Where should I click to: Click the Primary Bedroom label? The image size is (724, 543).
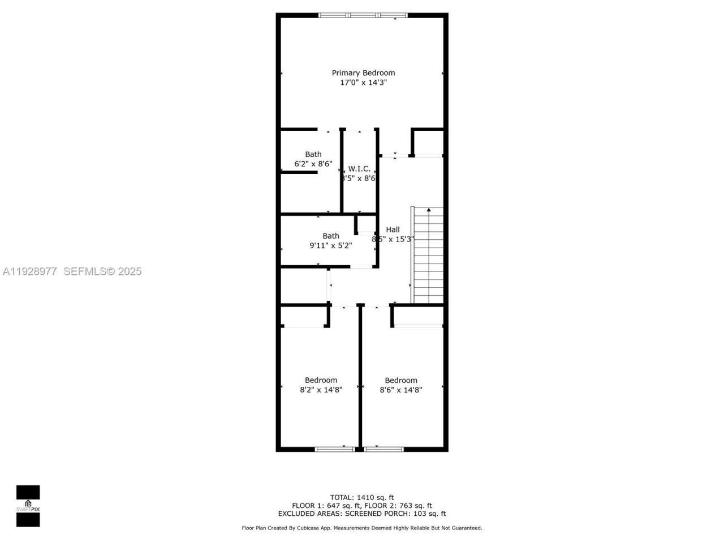363,72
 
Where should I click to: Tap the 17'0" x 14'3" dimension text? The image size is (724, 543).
363,83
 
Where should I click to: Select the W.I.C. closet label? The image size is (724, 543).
359,169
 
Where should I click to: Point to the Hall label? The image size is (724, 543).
393,229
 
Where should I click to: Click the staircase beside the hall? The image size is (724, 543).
428,256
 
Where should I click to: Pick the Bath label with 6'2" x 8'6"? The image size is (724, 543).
313,154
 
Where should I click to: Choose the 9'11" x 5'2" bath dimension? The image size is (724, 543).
330,245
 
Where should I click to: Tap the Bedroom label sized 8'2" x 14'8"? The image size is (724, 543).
321,380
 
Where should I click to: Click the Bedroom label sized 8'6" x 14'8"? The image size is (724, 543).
401,380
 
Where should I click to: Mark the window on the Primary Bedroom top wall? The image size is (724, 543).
363,15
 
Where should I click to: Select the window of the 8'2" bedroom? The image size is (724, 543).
335,449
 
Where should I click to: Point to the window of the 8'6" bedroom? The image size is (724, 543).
383,449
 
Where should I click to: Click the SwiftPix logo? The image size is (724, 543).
28,506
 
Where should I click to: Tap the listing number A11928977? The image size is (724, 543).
29,271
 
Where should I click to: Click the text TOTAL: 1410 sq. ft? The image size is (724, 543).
362,498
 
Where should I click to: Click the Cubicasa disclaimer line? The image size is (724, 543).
362,528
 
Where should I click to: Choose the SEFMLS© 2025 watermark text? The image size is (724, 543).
102,271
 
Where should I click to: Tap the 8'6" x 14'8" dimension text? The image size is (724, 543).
401,389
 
